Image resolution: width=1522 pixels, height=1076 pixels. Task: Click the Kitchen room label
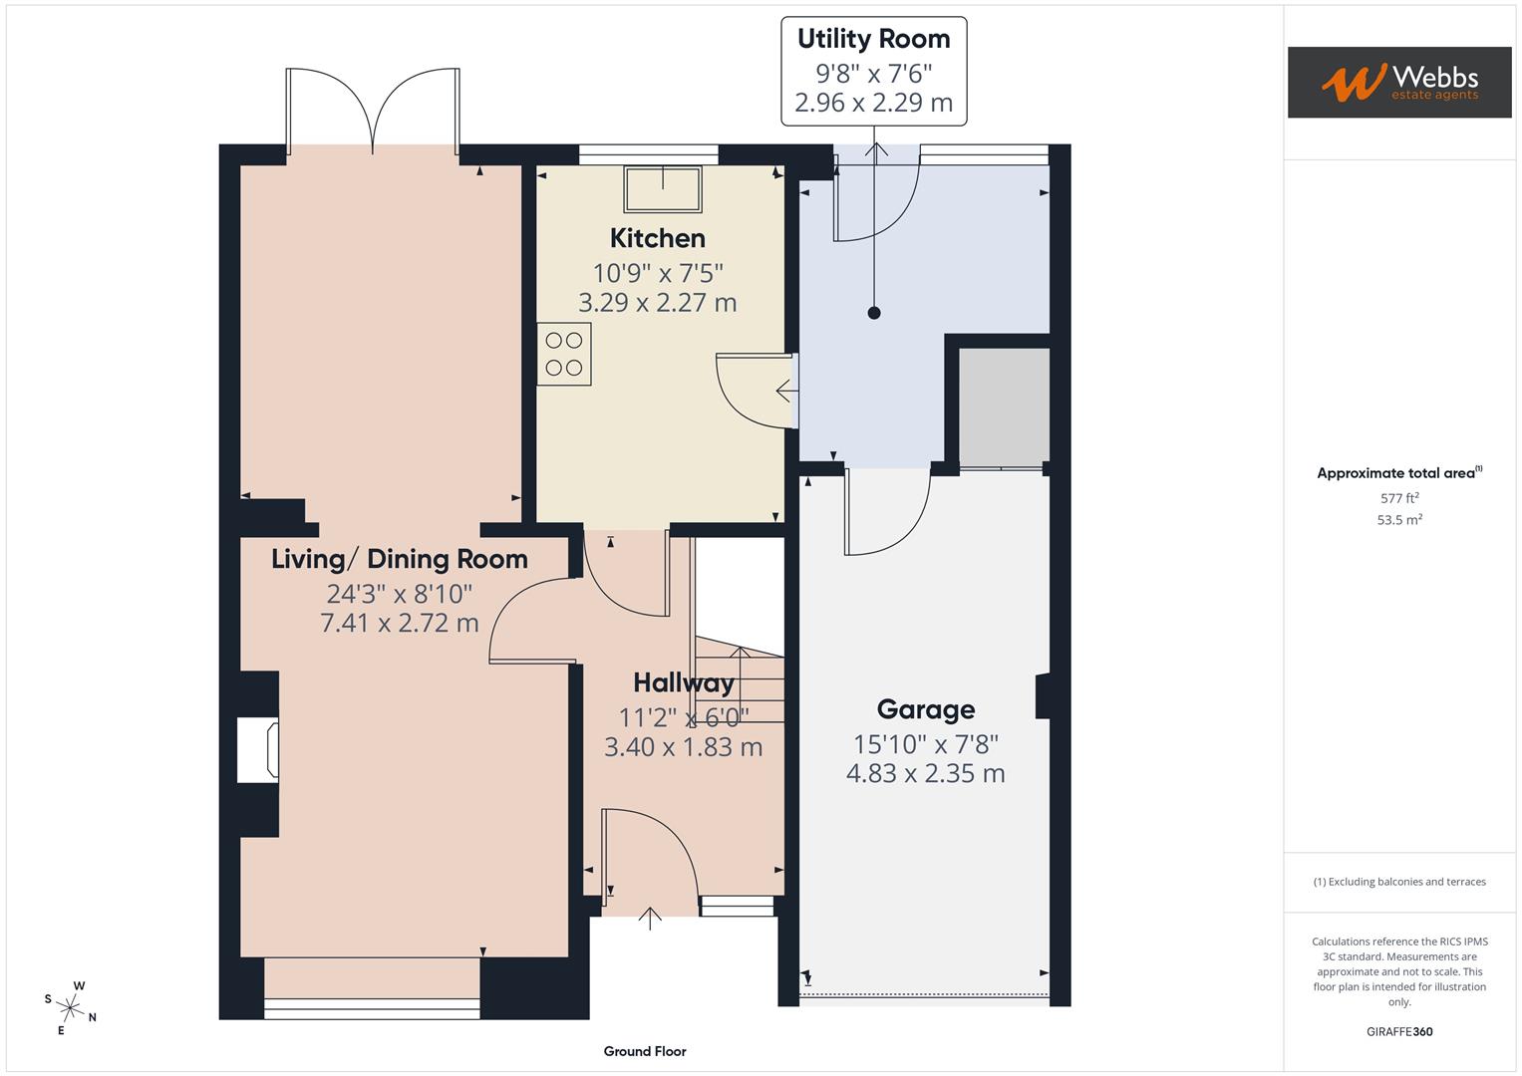pyautogui.click(x=658, y=238)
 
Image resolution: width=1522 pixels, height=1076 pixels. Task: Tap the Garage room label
pyautogui.click(x=926, y=709)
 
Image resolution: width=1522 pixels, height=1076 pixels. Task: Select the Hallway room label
pyautogui.click(x=684, y=682)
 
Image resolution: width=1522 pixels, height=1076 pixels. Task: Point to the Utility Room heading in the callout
pyautogui.click(x=874, y=39)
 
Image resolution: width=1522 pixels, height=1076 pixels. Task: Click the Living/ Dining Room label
pyautogui.click(x=400, y=559)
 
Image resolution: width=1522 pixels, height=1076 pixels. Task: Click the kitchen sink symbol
pyautogui.click(x=663, y=189)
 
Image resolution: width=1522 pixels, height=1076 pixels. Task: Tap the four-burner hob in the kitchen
pyautogui.click(x=564, y=354)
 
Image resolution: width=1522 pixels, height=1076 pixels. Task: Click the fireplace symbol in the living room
pyautogui.click(x=258, y=750)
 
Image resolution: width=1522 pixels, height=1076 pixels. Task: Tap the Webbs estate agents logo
pyautogui.click(x=1399, y=83)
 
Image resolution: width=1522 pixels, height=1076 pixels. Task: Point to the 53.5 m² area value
pyautogui.click(x=1399, y=520)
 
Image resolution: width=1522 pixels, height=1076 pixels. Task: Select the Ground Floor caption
pyautogui.click(x=645, y=1051)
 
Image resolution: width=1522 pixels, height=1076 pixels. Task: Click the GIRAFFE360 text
pyautogui.click(x=1399, y=1031)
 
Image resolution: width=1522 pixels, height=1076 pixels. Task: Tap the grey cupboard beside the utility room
pyautogui.click(x=1004, y=406)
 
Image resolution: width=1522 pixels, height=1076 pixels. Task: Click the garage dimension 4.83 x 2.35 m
pyautogui.click(x=926, y=773)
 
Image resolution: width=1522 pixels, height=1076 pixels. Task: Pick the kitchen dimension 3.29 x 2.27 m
pyautogui.click(x=658, y=303)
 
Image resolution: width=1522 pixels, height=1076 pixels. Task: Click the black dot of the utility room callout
pyautogui.click(x=874, y=313)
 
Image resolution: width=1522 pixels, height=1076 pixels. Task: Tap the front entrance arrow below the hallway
pyautogui.click(x=650, y=918)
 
